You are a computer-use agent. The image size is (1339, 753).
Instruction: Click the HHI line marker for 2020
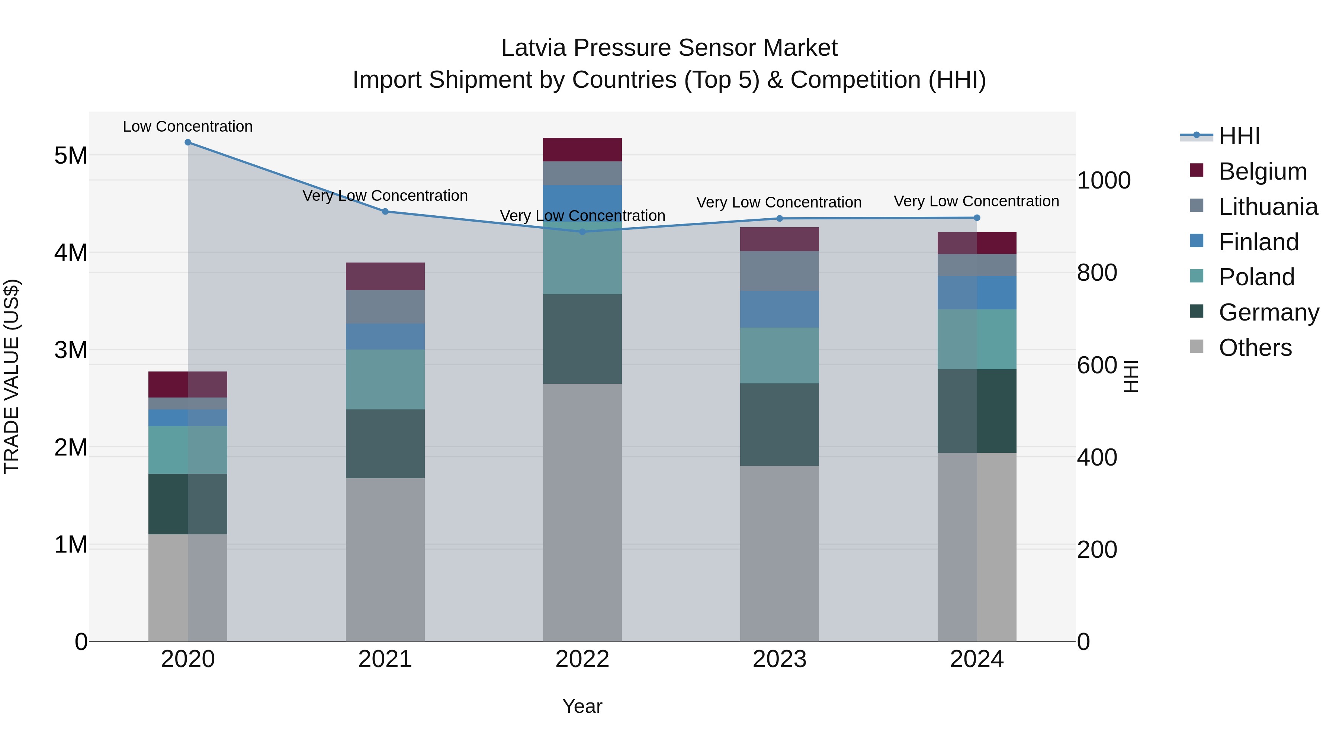[x=188, y=142]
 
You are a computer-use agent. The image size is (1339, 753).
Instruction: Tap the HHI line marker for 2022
[x=582, y=232]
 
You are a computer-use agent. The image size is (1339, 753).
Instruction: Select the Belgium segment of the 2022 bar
[x=582, y=149]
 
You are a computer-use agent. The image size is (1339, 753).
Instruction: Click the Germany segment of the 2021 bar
[x=385, y=444]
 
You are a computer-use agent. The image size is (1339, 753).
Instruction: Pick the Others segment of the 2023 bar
[x=779, y=553]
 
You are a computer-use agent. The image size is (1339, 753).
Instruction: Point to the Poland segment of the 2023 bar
[x=779, y=355]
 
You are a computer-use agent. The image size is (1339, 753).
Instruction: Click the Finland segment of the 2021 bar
[x=385, y=337]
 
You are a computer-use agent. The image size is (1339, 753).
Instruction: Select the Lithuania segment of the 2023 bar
[x=779, y=271]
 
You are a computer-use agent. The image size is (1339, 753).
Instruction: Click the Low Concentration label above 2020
[x=188, y=127]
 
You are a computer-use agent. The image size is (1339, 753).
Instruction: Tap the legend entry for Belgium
[x=1262, y=171]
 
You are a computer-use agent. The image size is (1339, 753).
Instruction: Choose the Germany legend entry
[x=1268, y=312]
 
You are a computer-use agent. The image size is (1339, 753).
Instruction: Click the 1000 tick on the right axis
[x=1104, y=181]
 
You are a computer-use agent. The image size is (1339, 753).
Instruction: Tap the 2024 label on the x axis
[x=977, y=659]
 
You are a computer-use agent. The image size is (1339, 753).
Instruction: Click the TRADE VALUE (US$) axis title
[x=12, y=376]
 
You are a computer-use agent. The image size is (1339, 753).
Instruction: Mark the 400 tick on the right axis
[x=1097, y=457]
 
